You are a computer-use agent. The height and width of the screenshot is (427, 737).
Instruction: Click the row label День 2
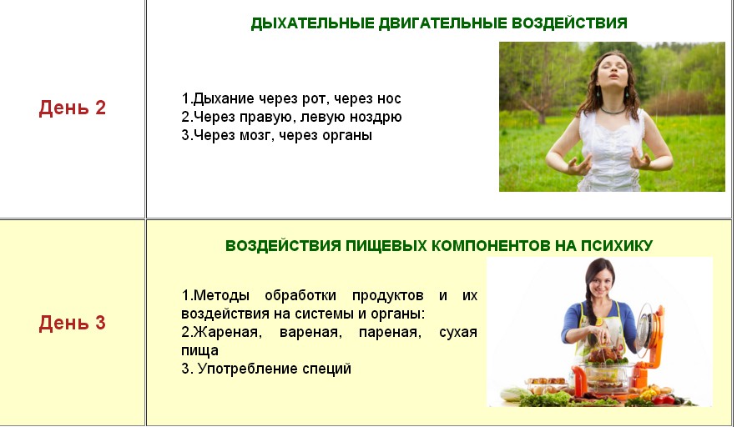(73, 108)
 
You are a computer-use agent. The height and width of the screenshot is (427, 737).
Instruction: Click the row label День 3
(73, 323)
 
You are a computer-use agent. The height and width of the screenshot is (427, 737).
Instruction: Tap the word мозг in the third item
(256, 135)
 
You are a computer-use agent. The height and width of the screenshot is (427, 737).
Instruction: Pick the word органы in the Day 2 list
(345, 135)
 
